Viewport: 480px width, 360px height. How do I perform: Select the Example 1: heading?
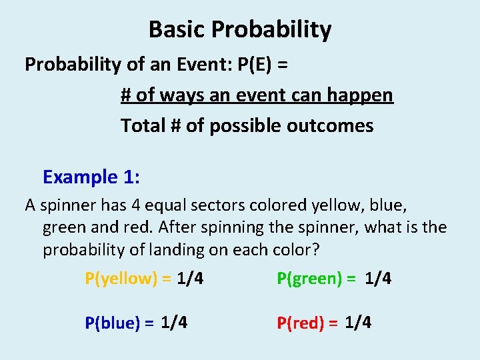(x=90, y=177)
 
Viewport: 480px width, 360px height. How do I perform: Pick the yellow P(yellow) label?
(x=120, y=279)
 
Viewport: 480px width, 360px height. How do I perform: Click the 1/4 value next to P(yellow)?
(x=191, y=279)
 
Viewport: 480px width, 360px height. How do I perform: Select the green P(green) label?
(x=309, y=279)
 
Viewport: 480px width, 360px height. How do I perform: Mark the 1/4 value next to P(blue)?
(x=174, y=323)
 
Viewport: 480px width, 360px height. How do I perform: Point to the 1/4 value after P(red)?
(x=358, y=323)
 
